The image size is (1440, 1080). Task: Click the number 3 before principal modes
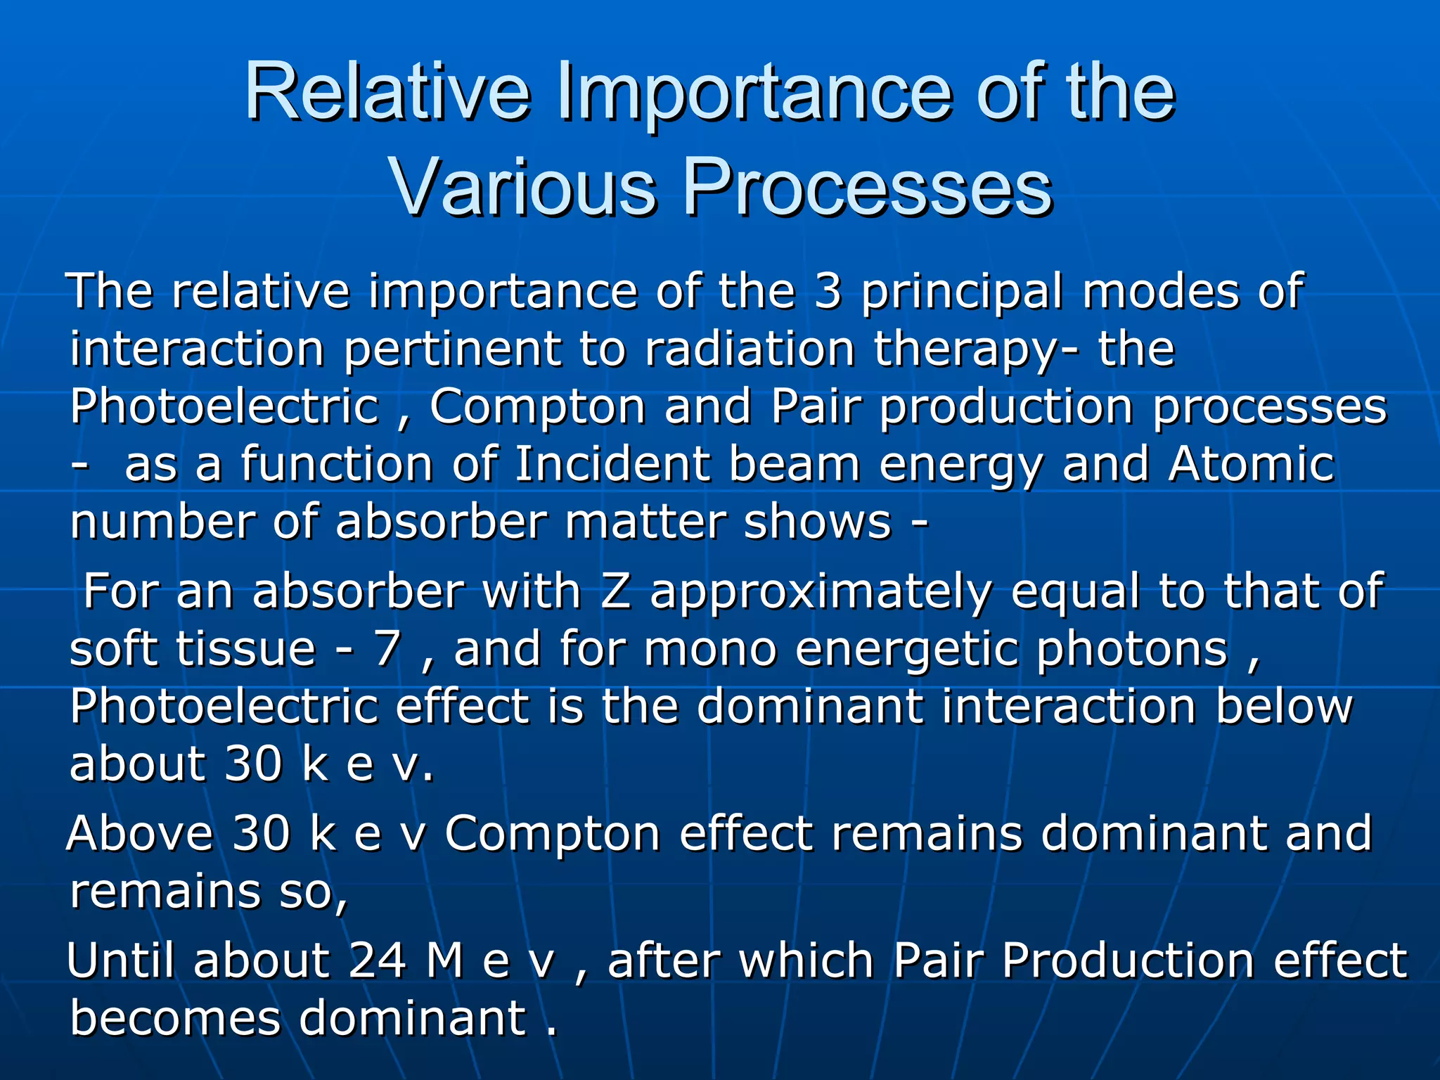[x=828, y=291]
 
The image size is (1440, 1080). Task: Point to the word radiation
[x=749, y=349]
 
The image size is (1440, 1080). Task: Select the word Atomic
[x=1251, y=465]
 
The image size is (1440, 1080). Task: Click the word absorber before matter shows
[x=441, y=522]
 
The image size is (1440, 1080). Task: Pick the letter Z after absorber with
[x=616, y=591]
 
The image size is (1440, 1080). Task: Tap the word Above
[x=140, y=834]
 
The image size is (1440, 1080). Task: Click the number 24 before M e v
[x=378, y=960]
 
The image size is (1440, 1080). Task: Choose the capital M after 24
[x=444, y=960]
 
